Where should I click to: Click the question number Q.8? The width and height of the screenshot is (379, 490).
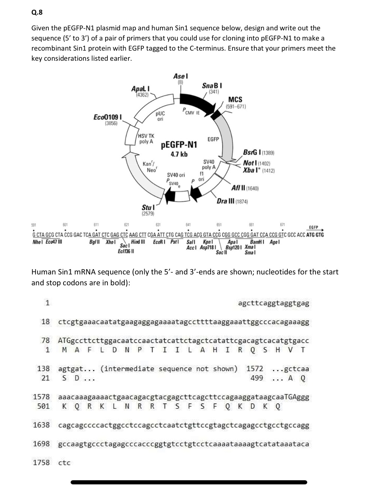coord(37,12)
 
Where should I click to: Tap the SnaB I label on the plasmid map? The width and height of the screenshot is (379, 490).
coord(212,86)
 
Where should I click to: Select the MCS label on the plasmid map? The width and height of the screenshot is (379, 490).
coord(235,99)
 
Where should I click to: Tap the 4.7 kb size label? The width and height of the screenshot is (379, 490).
coord(179,154)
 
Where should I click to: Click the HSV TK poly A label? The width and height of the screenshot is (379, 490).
coord(146,139)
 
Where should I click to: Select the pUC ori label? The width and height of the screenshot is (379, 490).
coord(160,116)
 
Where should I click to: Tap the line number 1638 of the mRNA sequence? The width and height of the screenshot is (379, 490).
coord(41,425)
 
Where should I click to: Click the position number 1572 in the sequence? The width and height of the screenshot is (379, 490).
coord(255,369)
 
